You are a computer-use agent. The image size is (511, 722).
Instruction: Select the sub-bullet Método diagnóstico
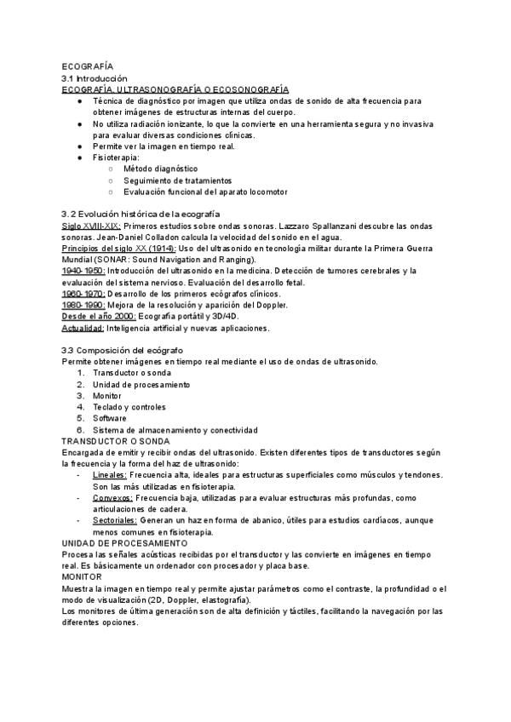(160, 169)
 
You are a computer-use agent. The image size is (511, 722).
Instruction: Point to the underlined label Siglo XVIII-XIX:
(91, 226)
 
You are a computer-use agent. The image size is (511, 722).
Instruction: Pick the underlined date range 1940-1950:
(83, 271)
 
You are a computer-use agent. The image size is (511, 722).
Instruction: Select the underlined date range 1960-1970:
(83, 294)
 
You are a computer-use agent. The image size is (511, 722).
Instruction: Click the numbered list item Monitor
(107, 395)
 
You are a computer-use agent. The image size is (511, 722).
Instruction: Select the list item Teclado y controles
(129, 407)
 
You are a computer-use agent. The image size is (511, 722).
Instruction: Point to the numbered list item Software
(110, 418)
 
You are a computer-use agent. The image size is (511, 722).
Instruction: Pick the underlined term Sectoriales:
(116, 519)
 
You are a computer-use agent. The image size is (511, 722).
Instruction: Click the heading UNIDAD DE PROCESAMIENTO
(124, 542)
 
